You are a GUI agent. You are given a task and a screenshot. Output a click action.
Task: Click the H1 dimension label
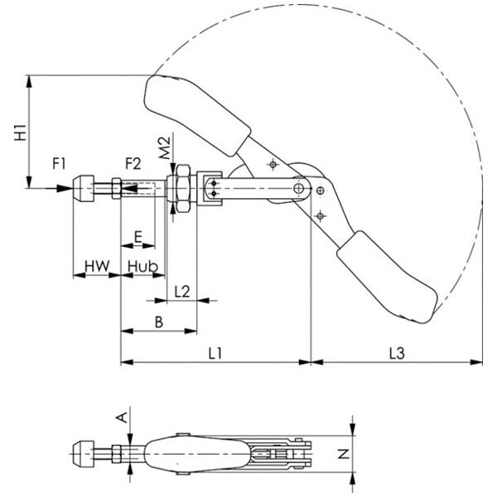click(20, 133)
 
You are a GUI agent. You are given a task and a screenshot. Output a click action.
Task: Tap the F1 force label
click(59, 164)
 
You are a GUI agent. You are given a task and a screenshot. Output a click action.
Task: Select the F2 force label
click(133, 164)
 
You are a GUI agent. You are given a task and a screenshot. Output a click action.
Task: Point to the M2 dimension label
click(165, 148)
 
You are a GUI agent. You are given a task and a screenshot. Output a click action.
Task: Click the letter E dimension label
click(138, 237)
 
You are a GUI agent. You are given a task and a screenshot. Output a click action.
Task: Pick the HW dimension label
click(97, 266)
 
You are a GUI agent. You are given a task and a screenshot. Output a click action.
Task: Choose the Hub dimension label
click(142, 266)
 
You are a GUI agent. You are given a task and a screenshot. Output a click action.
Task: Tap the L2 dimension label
click(182, 292)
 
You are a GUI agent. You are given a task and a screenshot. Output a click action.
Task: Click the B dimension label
click(159, 322)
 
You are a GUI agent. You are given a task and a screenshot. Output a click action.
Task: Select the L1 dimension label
click(215, 353)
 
